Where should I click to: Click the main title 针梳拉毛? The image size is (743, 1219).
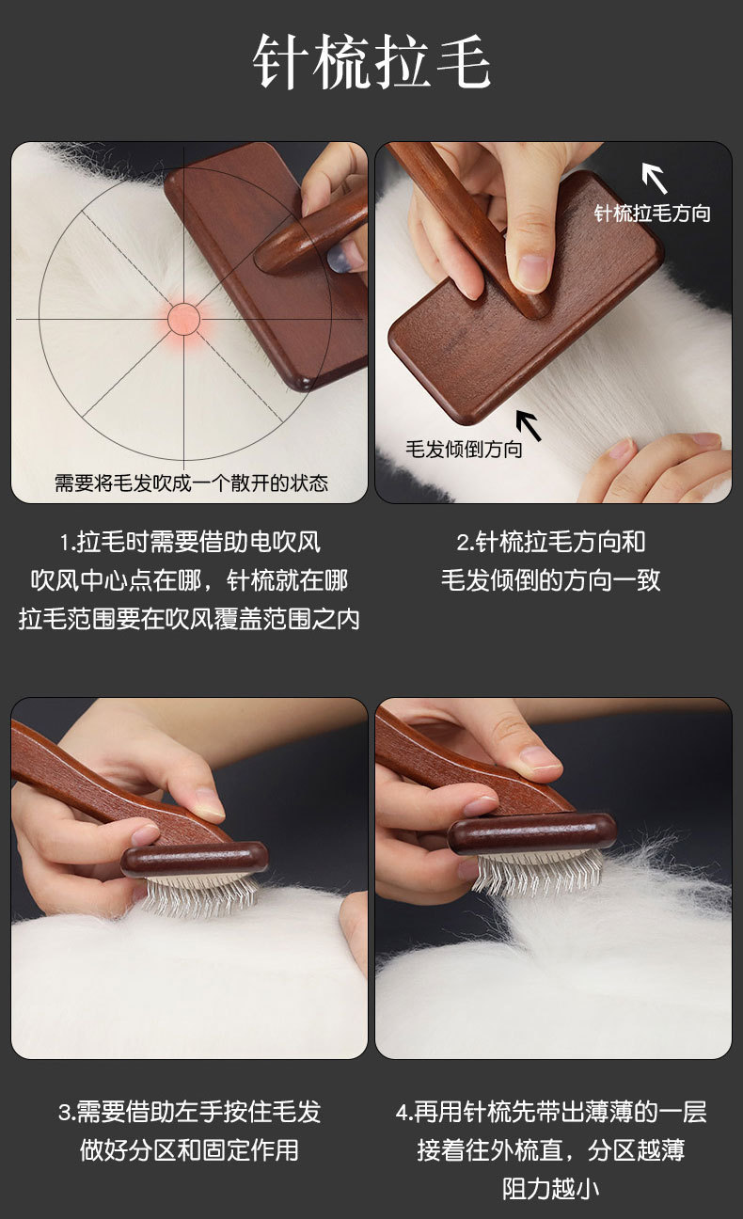371,61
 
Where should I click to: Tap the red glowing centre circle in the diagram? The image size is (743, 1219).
184,319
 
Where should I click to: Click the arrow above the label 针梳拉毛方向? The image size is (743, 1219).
655,178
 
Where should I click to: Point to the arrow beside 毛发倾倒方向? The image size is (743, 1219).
529,425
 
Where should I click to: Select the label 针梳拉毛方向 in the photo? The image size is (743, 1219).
652,214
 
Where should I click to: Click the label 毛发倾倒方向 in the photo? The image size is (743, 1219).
464,449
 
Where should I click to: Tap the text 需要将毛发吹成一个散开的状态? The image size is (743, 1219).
191,483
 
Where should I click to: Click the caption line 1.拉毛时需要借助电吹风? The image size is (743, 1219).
189,543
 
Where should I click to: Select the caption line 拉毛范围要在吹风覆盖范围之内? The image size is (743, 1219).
189,619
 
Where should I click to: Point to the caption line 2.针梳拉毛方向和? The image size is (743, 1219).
551,543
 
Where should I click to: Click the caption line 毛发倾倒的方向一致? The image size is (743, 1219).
551,580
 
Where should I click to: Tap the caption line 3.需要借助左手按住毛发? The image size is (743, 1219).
189,1113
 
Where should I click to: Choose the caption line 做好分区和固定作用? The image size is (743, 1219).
189,1150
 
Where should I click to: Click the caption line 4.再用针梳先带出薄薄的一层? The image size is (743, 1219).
551,1113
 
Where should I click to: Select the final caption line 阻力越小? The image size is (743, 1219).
551,1189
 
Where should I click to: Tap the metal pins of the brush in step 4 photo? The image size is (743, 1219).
539,874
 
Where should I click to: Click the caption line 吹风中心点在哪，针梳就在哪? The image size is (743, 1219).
189,580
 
